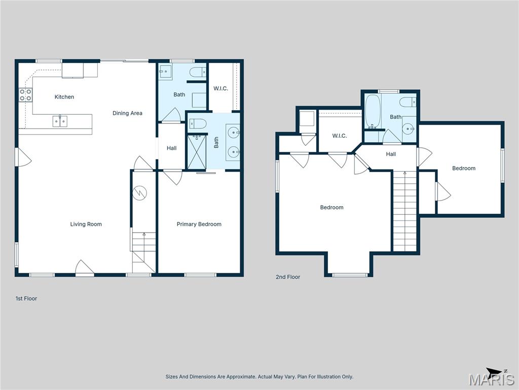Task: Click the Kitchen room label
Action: click(64, 97)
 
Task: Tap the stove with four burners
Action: click(25, 95)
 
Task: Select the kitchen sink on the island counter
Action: click(60, 121)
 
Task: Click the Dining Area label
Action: click(127, 113)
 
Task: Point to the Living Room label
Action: click(86, 224)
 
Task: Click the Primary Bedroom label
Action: click(199, 224)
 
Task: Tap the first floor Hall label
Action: click(172, 148)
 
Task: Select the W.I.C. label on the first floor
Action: click(220, 88)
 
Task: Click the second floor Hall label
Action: click(391, 154)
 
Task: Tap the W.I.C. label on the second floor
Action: click(339, 136)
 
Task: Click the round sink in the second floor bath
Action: click(409, 127)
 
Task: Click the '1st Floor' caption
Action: click(26, 299)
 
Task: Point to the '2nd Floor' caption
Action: click(288, 277)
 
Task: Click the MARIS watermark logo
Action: click(491, 379)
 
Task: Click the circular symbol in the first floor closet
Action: click(139, 192)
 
